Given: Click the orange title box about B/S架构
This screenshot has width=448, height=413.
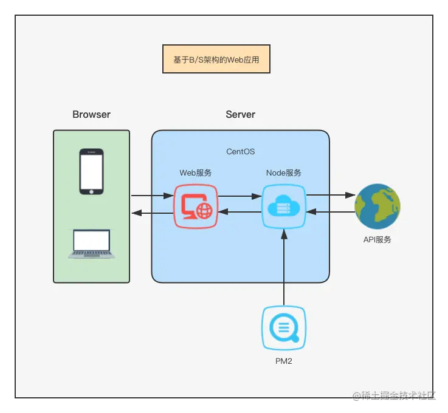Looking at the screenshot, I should [x=216, y=60].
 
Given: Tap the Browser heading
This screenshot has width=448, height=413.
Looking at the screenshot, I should [x=91, y=114].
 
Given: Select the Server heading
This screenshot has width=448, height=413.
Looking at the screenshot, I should [x=240, y=114].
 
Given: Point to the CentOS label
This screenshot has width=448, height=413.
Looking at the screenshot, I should [x=240, y=152].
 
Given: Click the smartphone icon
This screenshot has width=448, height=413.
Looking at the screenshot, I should [x=91, y=171].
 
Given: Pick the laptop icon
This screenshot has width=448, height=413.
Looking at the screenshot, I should [x=91, y=244].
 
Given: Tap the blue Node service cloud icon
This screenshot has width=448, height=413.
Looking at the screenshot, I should [x=284, y=206].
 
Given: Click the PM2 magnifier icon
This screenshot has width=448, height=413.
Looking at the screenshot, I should [x=283, y=328].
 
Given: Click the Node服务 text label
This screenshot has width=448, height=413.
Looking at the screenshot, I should [x=284, y=172].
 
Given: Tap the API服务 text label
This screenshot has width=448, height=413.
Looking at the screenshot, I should [x=377, y=239].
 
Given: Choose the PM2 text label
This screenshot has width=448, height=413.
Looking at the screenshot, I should [x=283, y=361].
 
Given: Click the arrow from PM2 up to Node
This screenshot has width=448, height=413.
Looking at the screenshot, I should [x=284, y=267].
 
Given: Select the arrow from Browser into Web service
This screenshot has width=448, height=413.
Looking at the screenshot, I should [x=152, y=196].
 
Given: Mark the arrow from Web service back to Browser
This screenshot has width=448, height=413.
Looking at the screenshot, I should [x=152, y=213].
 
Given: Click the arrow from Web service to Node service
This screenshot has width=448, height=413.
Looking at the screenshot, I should [x=240, y=196].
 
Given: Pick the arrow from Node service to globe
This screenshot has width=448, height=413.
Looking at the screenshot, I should [x=330, y=195].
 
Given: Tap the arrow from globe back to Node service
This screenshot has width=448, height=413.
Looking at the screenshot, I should [x=330, y=212].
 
